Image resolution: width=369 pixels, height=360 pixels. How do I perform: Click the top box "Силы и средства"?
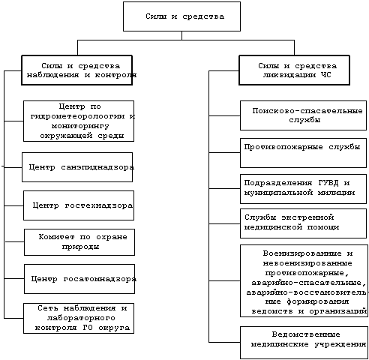181,16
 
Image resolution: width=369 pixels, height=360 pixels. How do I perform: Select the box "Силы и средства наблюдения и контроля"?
76,70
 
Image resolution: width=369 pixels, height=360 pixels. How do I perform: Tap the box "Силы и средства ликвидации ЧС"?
294,70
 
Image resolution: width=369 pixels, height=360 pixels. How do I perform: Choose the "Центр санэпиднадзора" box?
77,167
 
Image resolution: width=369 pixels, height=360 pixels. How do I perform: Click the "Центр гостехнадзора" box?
79,205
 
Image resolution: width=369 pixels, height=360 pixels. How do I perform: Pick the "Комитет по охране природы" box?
79,242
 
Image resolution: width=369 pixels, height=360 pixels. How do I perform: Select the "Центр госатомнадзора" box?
79,279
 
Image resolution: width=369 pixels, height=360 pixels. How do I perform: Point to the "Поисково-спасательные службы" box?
303,115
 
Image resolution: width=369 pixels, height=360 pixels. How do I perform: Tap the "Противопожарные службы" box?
303,153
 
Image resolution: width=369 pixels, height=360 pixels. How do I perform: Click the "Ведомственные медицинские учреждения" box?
304,343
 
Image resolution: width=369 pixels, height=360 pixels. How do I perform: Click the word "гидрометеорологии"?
77,116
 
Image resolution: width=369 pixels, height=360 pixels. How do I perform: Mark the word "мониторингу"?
80,126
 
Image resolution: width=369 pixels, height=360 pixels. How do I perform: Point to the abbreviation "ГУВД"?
328,183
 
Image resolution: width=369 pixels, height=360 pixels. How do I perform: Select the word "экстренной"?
307,217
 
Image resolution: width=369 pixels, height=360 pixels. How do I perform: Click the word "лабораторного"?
81,318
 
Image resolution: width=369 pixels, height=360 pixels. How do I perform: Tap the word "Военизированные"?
302,253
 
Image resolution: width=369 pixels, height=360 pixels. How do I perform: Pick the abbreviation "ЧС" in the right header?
325,75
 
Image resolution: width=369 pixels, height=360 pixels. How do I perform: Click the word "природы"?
80,247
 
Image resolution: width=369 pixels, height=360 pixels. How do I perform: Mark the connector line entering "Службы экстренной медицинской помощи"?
224,223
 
